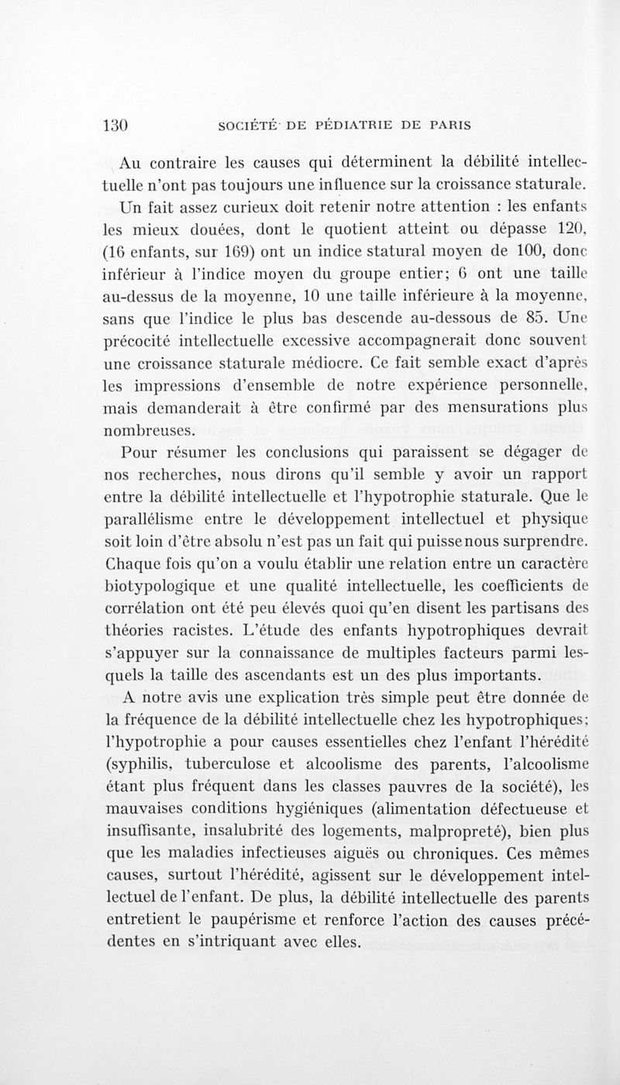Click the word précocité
(136, 339)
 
